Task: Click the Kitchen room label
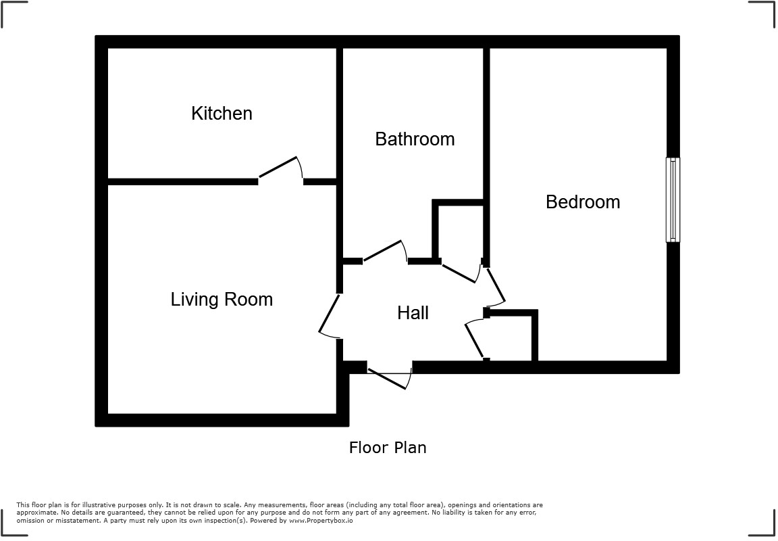coord(222,114)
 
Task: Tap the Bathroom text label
coord(415,139)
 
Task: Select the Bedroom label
coord(583,202)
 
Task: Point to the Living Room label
coord(222,300)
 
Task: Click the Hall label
coord(413,312)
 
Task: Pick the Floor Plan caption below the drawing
coord(388,448)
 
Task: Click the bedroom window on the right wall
coord(673,199)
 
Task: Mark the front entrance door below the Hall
coord(389,375)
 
